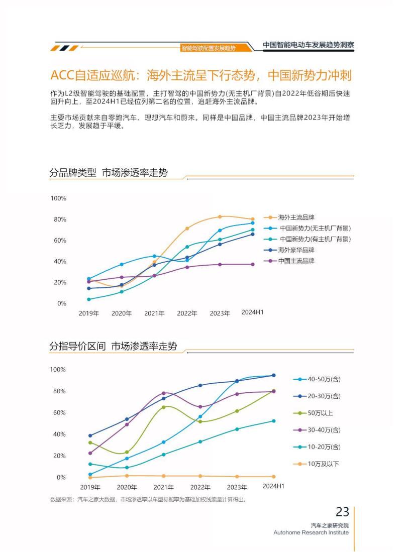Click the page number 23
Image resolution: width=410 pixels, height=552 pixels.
tap(342, 512)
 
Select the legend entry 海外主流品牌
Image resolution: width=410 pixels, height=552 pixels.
tap(296, 217)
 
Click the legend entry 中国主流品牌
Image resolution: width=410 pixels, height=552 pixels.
tap(296, 261)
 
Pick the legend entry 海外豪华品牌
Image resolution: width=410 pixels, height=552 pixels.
tap(296, 250)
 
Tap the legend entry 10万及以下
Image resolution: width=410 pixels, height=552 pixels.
tap(323, 464)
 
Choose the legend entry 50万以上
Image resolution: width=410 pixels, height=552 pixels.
tap(320, 413)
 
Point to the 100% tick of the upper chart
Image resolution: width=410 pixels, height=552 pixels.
tap(58, 198)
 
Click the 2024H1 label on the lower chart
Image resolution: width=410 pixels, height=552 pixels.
tap(273, 486)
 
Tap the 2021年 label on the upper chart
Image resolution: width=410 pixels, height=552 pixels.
tap(154, 313)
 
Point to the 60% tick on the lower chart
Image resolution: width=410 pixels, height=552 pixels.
tap(58, 413)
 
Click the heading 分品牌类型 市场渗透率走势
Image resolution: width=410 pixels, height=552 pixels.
tap(109, 173)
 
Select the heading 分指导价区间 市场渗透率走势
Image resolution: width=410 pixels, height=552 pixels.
tap(113, 346)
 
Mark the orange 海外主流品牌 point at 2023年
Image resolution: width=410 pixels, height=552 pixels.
tap(220, 217)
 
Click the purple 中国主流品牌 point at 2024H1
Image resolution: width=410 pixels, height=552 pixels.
tap(252, 264)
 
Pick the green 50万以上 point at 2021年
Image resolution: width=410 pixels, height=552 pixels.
tap(164, 407)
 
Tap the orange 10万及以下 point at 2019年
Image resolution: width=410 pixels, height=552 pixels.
tap(90, 477)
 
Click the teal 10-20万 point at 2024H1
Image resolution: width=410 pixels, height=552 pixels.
tap(274, 421)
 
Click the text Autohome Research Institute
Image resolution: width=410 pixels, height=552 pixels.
tap(311, 532)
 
